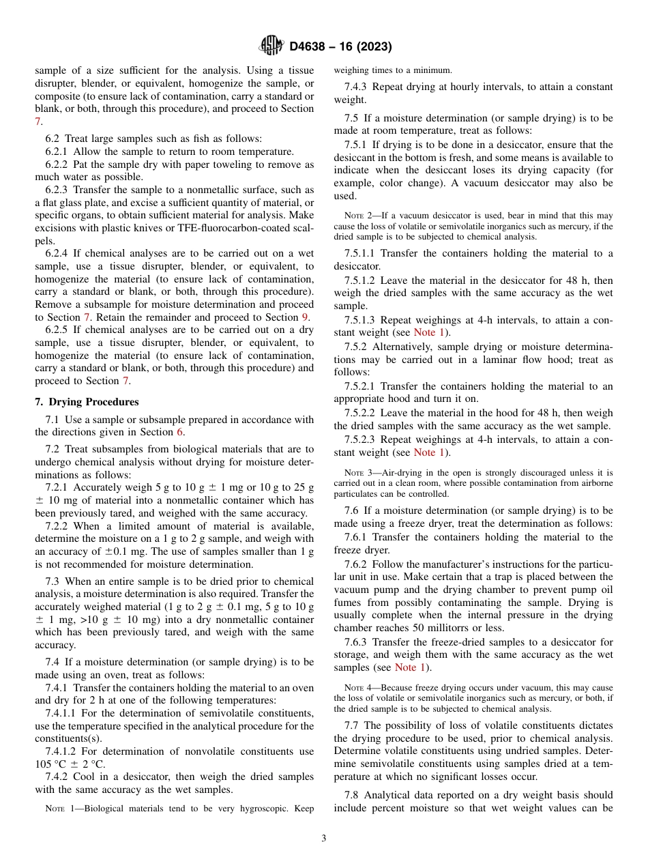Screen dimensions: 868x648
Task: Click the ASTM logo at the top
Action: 271,46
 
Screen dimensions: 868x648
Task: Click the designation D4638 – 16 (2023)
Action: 340,46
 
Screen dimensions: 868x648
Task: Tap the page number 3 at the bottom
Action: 324,839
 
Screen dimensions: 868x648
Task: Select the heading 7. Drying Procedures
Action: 87,402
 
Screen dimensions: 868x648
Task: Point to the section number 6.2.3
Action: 59,190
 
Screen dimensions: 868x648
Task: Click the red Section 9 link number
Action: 306,317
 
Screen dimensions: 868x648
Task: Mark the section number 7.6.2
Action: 359,564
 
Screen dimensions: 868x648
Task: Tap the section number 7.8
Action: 354,795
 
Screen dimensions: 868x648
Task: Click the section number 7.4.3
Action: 359,87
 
